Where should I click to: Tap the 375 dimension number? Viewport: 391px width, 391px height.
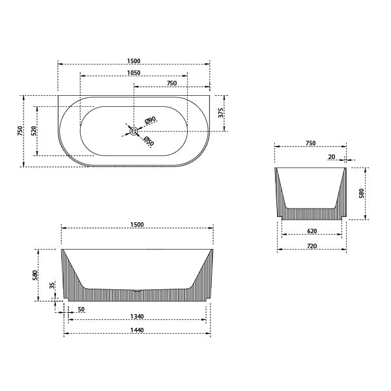coord(222,112)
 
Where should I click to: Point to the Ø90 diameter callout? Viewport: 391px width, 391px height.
coord(150,121)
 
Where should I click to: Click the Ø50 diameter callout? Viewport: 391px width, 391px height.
coord(149,141)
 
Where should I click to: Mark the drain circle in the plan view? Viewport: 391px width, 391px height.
coord(134,131)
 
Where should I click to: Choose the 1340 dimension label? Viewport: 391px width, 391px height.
coord(136,317)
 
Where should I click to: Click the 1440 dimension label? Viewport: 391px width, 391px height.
coord(136,330)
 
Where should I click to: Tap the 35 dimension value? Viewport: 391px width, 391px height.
coord(53,286)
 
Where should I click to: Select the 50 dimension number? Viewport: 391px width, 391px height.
coord(81,310)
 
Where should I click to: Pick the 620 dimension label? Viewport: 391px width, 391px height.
coord(311,232)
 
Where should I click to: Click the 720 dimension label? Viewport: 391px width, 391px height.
coord(311,246)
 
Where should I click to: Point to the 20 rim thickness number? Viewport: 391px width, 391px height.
coord(332,157)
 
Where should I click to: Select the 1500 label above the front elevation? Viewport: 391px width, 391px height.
coord(137,224)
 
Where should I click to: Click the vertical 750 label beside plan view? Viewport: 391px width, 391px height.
coord(21,130)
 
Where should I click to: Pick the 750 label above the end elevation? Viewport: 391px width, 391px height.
coord(310,143)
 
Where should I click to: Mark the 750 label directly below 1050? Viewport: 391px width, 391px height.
coord(171,83)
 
